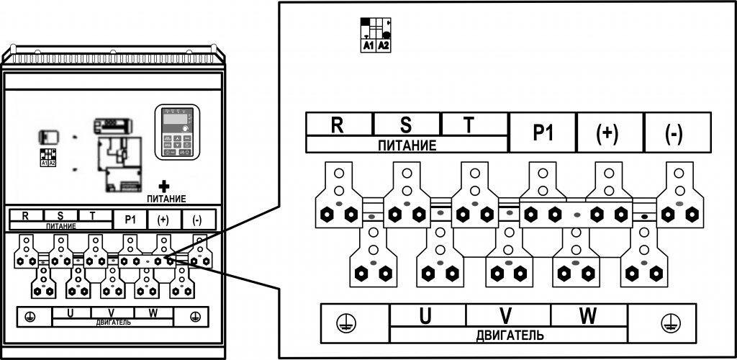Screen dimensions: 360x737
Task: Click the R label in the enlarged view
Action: coord(337,124)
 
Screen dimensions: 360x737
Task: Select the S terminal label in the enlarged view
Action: coord(405,124)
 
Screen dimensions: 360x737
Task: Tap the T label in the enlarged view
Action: coord(469,124)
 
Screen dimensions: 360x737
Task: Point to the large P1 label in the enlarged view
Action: coord(542,132)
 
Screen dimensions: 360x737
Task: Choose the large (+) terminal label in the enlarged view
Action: coord(608,132)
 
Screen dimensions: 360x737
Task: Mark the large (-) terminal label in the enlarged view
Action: coord(674,132)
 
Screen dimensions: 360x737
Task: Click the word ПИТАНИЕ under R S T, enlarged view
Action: coord(407,145)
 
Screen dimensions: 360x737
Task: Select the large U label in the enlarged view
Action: coord(425,315)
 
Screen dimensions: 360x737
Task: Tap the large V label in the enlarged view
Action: coord(506,315)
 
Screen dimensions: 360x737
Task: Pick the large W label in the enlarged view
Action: coord(588,315)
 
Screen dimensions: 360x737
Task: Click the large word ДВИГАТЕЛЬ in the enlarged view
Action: coord(510,336)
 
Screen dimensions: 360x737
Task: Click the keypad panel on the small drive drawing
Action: coord(176,131)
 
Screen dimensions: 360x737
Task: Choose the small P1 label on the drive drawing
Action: coord(130,220)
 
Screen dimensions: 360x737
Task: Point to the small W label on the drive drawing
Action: coord(153,312)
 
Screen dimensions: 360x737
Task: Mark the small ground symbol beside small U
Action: coord(28,316)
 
